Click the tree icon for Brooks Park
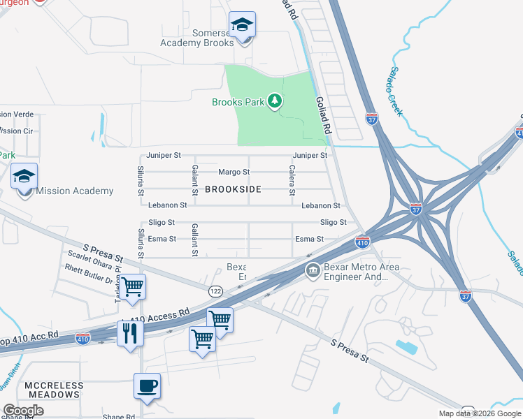tap(275, 102)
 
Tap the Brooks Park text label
tap(238, 103)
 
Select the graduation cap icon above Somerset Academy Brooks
tap(243, 26)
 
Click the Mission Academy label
tap(74, 191)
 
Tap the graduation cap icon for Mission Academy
tap(24, 176)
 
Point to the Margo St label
tap(234, 172)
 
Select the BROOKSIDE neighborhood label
tap(233, 189)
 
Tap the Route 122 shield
tap(215, 289)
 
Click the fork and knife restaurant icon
tap(131, 333)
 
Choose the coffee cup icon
tap(147, 385)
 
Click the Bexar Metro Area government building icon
tap(313, 270)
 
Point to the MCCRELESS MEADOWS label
tap(54, 390)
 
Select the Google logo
tap(23, 411)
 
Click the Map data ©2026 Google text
tap(480, 413)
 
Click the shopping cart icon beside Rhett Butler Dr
tap(132, 286)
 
